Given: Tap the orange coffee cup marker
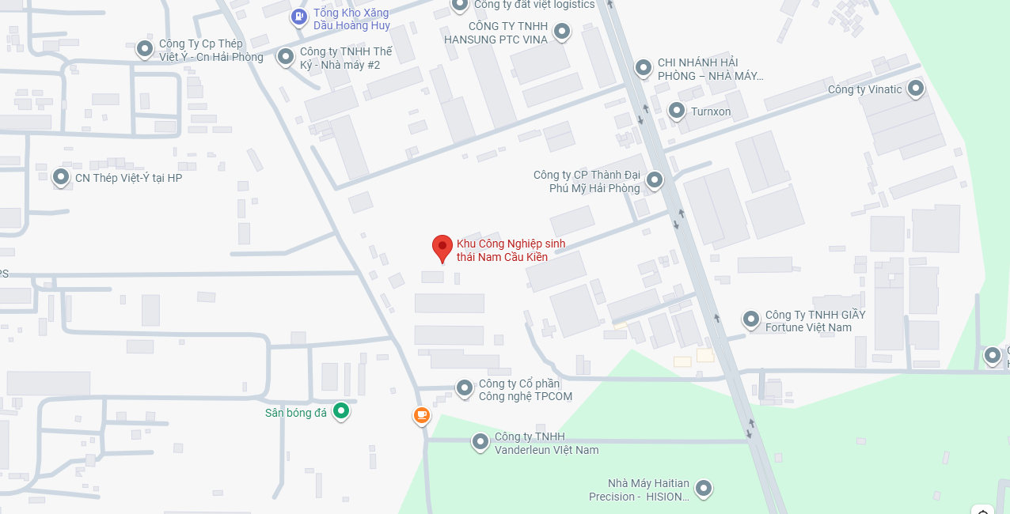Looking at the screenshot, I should tap(422, 415).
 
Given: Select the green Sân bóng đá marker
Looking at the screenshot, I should tap(340, 411).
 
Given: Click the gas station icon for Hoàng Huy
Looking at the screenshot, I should tap(298, 17).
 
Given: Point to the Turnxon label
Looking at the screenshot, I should tap(711, 111).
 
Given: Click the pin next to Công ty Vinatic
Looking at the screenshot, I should tap(916, 89).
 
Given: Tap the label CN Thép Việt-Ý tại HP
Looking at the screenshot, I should tap(128, 178).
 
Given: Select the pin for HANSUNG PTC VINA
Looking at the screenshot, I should tap(561, 32).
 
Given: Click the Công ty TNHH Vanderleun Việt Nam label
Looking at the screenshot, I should tap(546, 443).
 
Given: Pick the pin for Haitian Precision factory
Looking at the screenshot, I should tap(702, 489).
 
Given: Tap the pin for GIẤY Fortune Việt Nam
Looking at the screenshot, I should tap(750, 319).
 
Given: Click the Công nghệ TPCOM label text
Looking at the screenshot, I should tap(525, 390).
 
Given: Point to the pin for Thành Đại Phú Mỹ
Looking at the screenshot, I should tap(654, 181).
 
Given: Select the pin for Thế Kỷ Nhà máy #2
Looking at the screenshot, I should tap(285, 57).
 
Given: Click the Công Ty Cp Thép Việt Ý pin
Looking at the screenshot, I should tap(145, 50).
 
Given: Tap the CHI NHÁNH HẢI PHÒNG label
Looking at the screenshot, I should tap(710, 70).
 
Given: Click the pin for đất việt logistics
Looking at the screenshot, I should tap(460, 5).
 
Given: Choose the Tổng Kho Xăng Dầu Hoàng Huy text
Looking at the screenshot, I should tap(351, 19).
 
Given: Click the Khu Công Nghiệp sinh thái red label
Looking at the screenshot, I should tap(511, 250).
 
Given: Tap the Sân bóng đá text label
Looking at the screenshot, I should tap(295, 412).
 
